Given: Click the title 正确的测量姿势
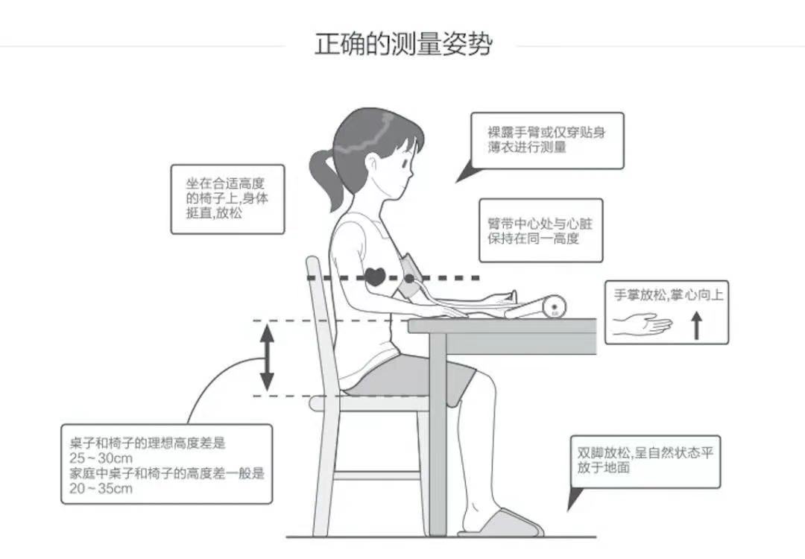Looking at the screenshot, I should pyautogui.click(x=403, y=43).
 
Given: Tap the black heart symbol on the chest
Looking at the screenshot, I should pyautogui.click(x=376, y=277).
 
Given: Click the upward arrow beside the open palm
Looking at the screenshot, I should pyautogui.click(x=697, y=326).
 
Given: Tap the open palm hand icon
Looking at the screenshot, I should pyautogui.click(x=643, y=324).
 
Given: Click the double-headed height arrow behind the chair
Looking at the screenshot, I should pyautogui.click(x=267, y=358).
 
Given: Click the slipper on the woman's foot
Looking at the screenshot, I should pyautogui.click(x=501, y=524).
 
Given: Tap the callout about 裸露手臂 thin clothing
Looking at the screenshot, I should pyautogui.click(x=547, y=140).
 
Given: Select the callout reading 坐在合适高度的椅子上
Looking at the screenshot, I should pyautogui.click(x=227, y=198).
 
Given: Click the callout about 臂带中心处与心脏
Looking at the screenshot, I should pyautogui.click(x=540, y=230).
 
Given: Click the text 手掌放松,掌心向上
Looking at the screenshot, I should pyautogui.click(x=668, y=295).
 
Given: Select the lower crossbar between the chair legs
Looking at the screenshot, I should pyautogui.click(x=376, y=475).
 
